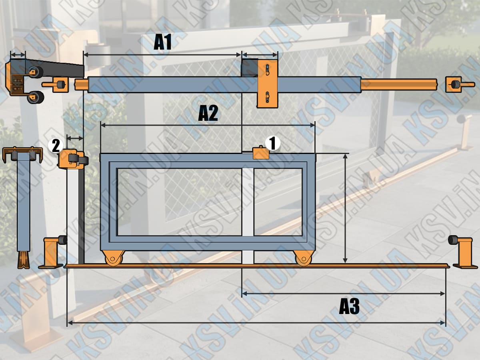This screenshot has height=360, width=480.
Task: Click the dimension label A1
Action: [163, 42]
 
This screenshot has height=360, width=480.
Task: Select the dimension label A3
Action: [349, 307]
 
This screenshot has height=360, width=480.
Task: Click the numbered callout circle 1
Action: [273, 143]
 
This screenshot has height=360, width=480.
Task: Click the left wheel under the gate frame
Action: [113, 258]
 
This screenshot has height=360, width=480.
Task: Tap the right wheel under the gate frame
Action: [303, 258]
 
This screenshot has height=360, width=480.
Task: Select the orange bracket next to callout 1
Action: [261, 153]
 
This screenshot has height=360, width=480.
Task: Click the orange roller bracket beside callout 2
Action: [70, 159]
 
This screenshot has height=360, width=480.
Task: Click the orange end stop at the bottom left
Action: [52, 252]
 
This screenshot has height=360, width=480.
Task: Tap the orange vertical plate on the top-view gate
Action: [268, 84]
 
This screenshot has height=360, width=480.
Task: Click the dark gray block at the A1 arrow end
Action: [250, 68]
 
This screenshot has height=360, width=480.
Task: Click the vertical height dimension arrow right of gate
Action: [345, 208]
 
